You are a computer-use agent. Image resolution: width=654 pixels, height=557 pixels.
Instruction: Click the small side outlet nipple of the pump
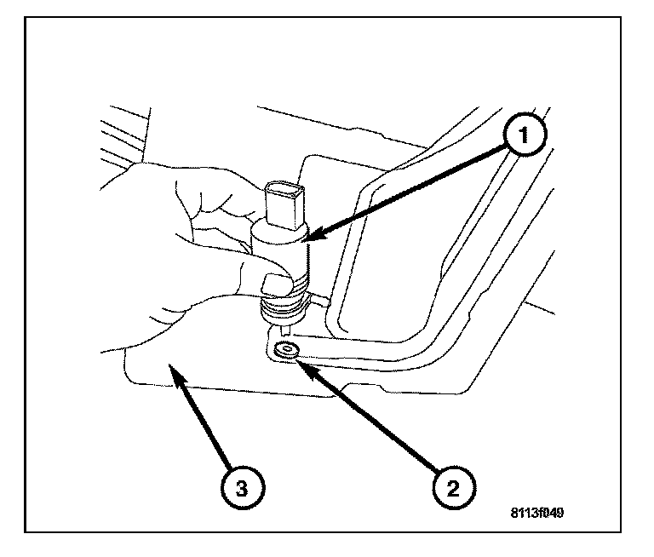(x=320, y=299)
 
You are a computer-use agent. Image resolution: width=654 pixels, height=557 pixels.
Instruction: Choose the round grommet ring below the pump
(x=286, y=350)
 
